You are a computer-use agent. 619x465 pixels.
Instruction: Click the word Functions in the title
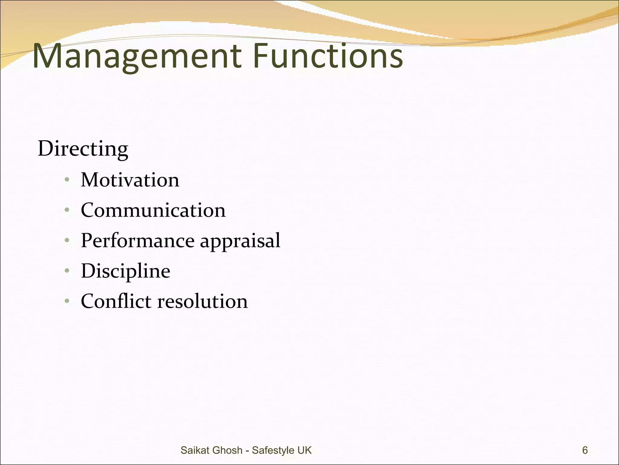[328, 56]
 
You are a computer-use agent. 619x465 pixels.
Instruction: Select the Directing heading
[83, 149]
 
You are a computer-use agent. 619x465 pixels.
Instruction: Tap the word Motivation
[130, 180]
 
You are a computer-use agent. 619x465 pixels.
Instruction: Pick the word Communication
[153, 210]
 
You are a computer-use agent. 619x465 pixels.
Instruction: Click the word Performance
[138, 240]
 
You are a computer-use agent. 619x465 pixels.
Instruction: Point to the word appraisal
[240, 241]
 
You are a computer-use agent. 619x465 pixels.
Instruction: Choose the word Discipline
[125, 271]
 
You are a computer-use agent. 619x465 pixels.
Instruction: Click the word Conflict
[116, 301]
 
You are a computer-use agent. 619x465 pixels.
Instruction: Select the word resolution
[203, 302]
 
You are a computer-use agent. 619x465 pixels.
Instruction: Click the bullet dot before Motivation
[67, 180]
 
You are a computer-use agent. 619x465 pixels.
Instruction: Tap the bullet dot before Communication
[67, 210]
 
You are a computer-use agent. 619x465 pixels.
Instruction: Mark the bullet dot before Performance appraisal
[67, 240]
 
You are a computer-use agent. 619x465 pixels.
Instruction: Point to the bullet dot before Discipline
[67, 270]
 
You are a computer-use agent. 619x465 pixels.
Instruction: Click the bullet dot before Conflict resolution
[67, 301]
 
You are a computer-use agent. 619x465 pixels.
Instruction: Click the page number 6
[585, 450]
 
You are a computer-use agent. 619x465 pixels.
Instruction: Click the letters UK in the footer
[304, 450]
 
